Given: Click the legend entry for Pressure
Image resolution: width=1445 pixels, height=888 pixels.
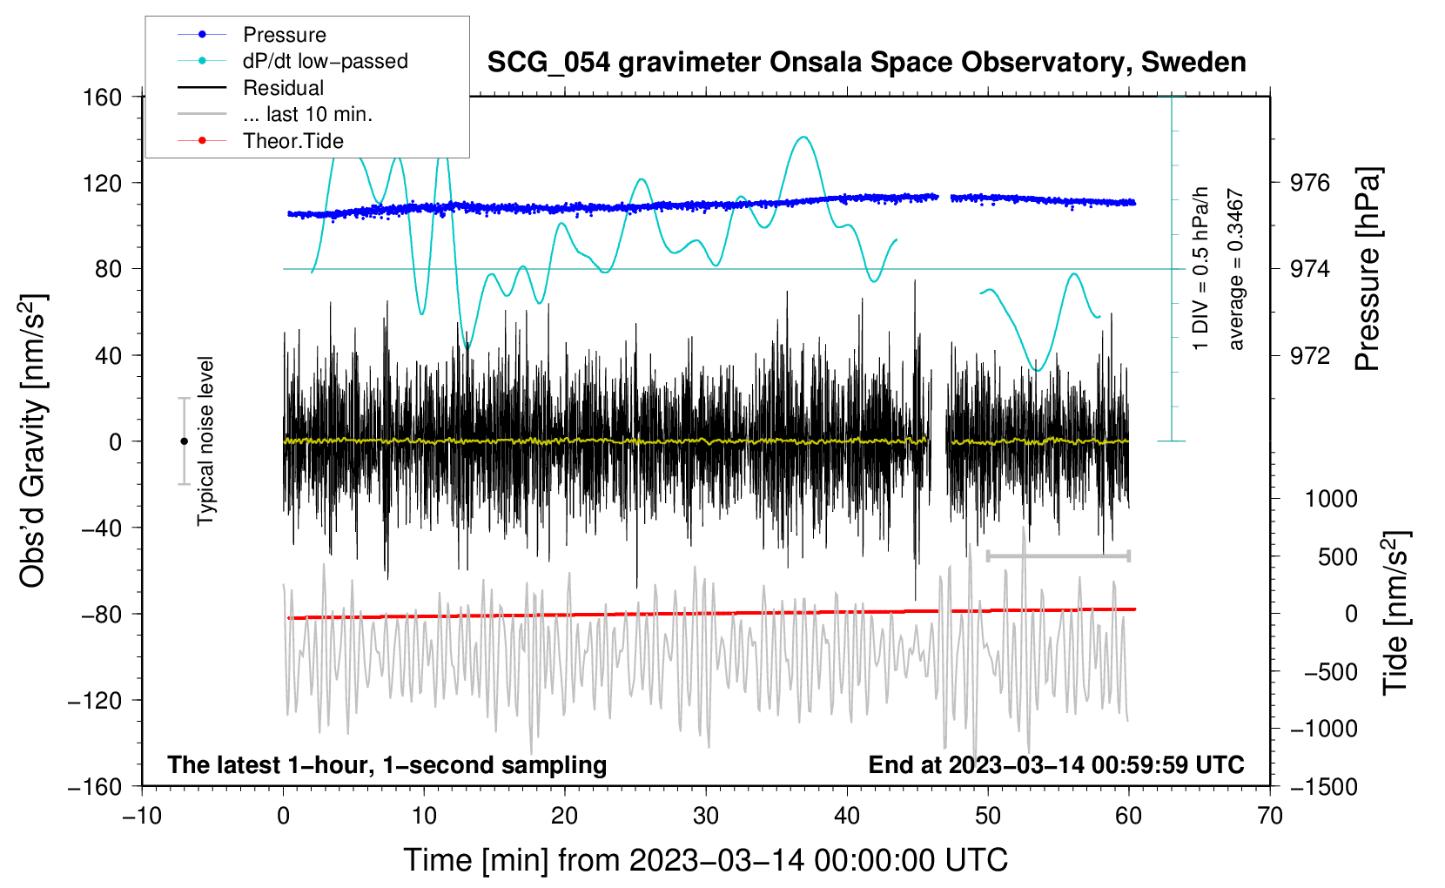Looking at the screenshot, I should pos(284,35).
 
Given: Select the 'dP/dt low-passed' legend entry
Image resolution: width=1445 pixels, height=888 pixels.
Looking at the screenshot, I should pos(325,61).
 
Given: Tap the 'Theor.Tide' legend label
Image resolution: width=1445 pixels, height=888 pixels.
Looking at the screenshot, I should pos(292,141).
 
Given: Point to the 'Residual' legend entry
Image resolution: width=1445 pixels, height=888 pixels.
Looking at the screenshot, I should pos(283,88).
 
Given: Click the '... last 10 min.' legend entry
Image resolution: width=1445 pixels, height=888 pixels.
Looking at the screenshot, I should pos(307,114).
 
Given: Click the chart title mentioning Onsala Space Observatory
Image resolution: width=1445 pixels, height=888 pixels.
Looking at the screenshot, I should pos(866,63).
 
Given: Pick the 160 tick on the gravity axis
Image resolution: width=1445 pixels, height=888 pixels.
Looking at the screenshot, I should pos(103,97).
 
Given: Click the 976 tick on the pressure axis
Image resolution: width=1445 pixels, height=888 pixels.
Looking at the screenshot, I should pos(1310,183).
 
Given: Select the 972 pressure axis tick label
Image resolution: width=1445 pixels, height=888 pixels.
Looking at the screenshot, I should pos(1310,355).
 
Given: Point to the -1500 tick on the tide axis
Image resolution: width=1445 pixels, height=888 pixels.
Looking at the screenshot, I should pos(1323,786).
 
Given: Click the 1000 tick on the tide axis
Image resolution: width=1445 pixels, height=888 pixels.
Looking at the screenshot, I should pos(1331,499).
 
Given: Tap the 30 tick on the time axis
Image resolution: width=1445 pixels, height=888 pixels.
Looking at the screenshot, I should pos(706,816).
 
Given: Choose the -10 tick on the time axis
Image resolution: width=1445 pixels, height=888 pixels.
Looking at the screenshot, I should pos(142,816).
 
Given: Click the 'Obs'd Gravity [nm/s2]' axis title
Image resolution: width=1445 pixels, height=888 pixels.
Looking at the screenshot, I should pos(32,441).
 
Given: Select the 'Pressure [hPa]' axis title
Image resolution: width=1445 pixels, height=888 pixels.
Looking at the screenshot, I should pos(1368,270).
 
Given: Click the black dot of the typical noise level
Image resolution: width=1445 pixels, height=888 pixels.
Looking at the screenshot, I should pos(185,441).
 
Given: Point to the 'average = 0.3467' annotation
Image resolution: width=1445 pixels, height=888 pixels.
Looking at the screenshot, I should pos(1236,270).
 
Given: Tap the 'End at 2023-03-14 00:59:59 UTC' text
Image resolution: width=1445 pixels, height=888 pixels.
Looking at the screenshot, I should pos(1056,765).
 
